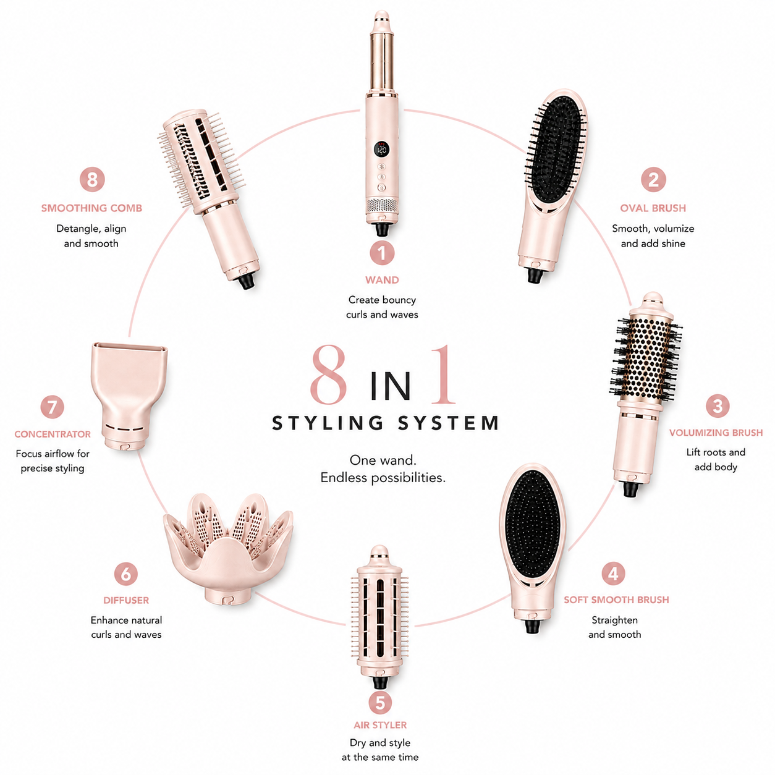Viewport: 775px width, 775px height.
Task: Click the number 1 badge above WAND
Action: pos(382,253)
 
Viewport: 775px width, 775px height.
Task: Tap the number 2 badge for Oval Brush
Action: pos(653,179)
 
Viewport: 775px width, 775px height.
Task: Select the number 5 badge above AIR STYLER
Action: pos(380,703)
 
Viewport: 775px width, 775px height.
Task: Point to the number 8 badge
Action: pos(92,179)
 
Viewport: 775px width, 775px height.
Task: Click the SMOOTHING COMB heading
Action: pos(91,208)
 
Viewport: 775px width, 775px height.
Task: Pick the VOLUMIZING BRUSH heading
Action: pos(716,433)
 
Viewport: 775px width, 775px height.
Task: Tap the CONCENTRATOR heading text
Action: pos(53,434)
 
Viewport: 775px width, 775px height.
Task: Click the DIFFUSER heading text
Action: pos(126,600)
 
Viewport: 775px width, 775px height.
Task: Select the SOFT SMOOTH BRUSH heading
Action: pos(616,599)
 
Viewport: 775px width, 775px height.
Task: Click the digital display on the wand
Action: pos(382,149)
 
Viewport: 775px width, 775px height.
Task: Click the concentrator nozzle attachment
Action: pos(130,396)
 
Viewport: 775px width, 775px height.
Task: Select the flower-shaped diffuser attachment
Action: pos(228,549)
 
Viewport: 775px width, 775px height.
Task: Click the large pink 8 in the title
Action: pos(329,375)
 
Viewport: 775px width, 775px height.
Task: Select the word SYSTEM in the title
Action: pos(449,423)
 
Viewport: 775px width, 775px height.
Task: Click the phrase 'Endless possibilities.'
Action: pos(383,477)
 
